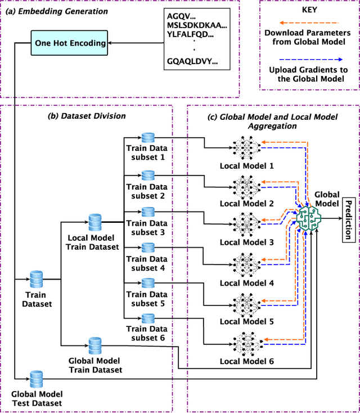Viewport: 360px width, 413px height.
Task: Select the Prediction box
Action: [348, 219]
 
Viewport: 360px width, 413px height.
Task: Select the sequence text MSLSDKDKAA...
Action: [197, 25]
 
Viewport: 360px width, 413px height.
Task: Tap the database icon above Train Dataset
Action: [37, 279]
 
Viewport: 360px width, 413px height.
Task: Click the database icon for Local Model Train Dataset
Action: [94, 221]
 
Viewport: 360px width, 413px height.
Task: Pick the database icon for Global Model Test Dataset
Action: [37, 378]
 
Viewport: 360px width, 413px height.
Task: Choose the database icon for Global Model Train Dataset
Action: [94, 345]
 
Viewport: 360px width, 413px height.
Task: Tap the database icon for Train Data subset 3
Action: [148, 212]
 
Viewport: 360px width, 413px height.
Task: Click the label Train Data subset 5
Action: [146, 299]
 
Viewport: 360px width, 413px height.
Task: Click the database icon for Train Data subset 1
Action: [148, 138]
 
